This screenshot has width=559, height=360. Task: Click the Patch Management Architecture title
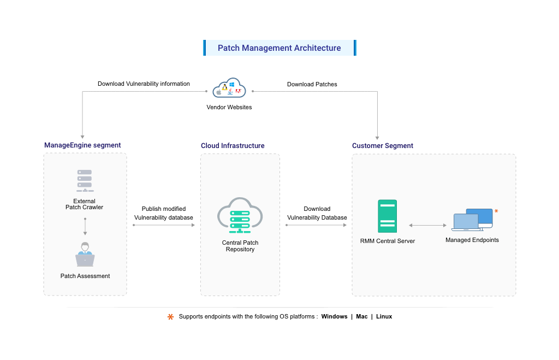coord(279,48)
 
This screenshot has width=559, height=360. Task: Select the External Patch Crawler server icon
coord(85,181)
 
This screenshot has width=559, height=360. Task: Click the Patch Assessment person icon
coord(85,255)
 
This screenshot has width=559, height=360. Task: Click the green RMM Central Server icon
coord(387,217)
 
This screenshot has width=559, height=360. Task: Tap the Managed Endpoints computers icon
coord(473,220)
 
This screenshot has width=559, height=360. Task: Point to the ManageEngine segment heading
coord(82,145)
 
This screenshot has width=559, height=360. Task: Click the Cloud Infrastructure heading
coord(233,146)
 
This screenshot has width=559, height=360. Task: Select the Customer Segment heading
coord(383,146)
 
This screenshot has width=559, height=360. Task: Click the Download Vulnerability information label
coord(144,84)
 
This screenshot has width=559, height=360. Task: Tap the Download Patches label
coord(312,85)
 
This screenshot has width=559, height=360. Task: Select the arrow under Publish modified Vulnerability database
coord(164,225)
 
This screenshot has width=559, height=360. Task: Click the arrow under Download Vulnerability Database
coord(317,225)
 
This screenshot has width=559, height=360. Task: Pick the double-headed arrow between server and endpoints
coord(427,225)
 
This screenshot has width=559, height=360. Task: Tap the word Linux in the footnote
coord(384,317)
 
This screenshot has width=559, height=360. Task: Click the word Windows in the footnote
coord(334,317)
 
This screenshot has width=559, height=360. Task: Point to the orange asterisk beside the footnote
coord(170,317)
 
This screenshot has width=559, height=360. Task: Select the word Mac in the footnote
coord(362,317)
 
